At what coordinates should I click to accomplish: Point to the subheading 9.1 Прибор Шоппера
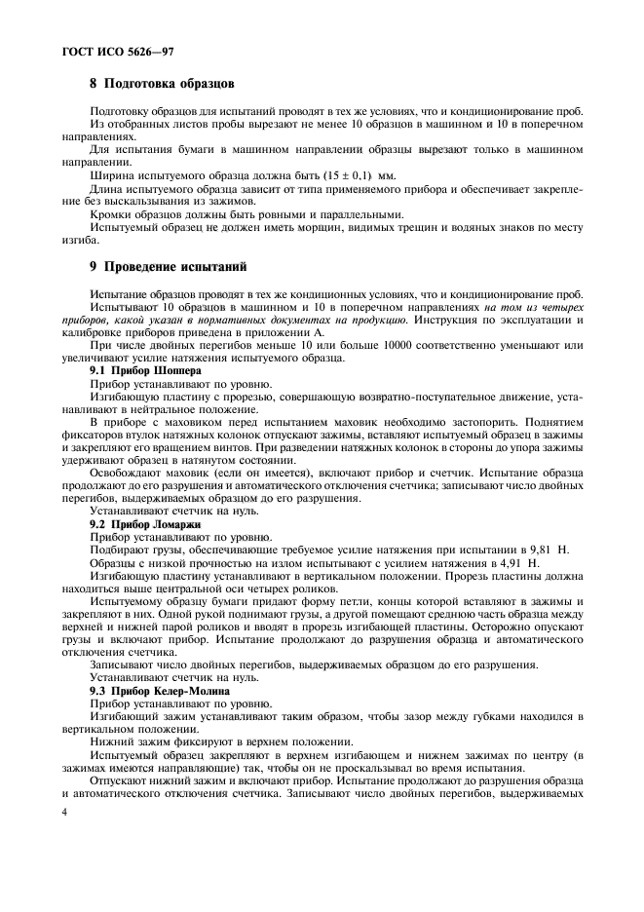pos(145,371)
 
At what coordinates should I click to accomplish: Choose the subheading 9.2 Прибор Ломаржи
pos(145,523)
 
